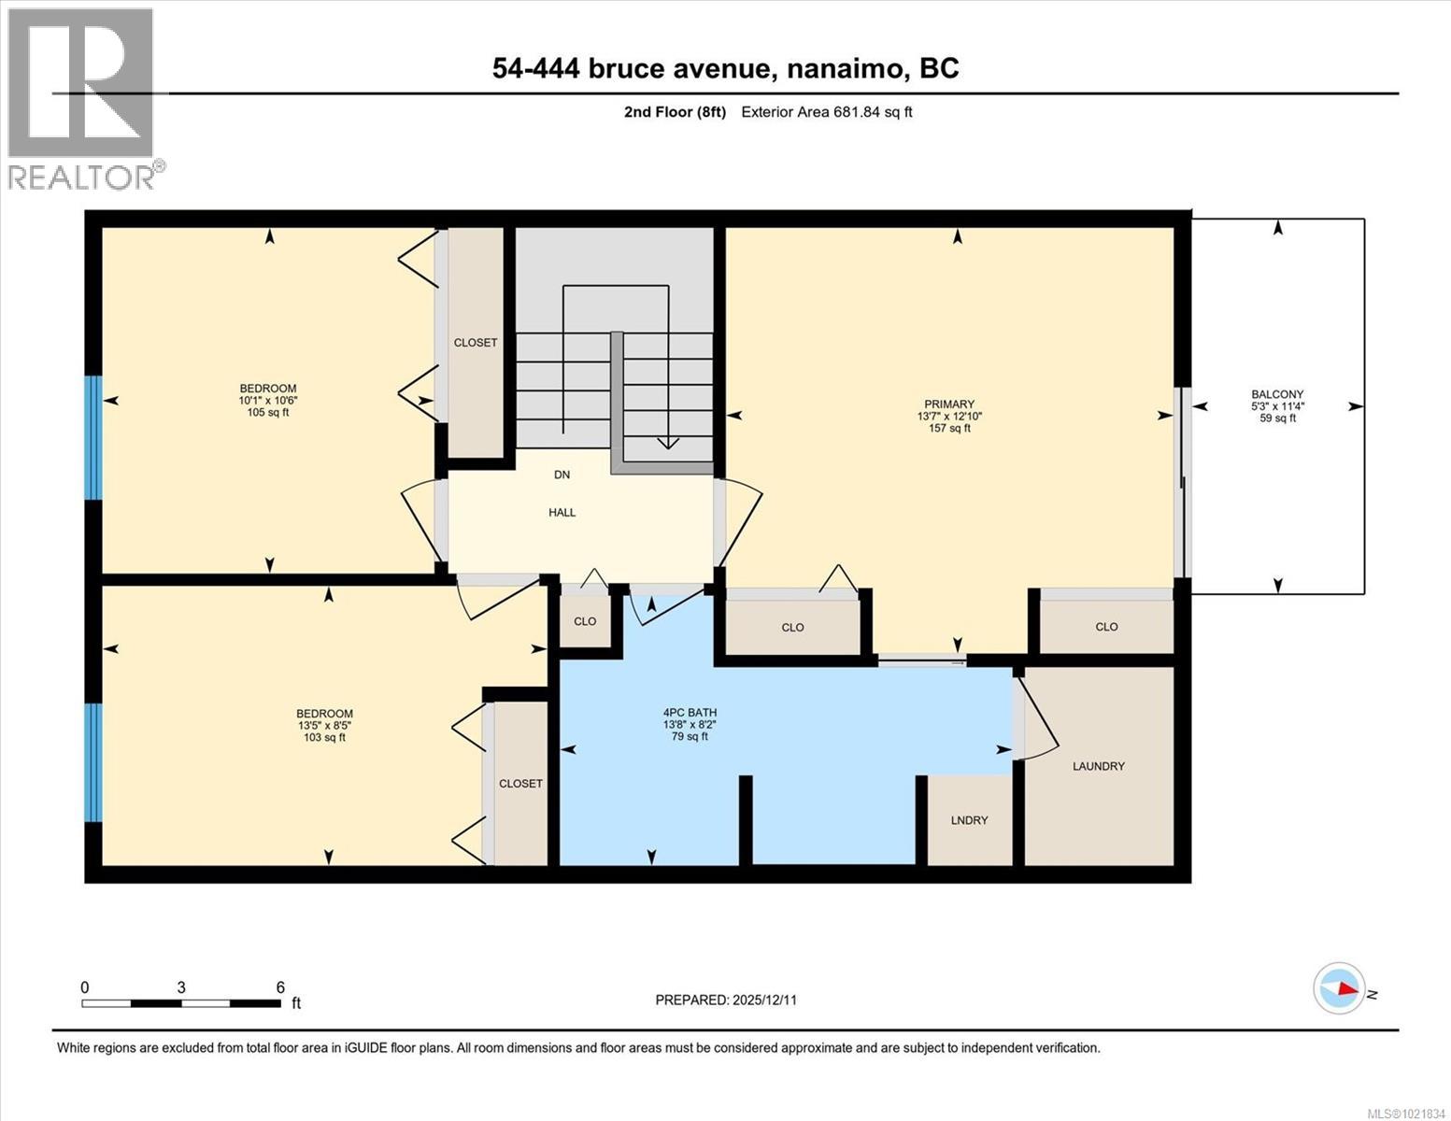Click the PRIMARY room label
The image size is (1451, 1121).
point(949,404)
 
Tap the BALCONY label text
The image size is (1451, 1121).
point(1277,394)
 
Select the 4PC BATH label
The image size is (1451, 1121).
point(690,712)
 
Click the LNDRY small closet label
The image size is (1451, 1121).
point(969,820)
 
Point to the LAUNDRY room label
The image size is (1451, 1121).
point(1098,766)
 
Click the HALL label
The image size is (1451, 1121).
point(562,512)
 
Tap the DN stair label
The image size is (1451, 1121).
point(562,475)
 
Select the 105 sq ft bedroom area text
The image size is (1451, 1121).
point(268,412)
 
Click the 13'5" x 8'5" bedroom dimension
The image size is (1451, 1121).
point(324,725)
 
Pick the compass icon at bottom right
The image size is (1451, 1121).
point(1339,988)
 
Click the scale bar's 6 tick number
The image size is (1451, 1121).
point(280,987)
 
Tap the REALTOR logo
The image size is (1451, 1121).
point(82,98)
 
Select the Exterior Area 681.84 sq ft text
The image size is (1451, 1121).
point(826,112)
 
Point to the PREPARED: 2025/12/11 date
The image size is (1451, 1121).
point(726,1000)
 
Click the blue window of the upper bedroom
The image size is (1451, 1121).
point(92,437)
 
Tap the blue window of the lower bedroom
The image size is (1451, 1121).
point(92,762)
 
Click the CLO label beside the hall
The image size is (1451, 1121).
point(585,621)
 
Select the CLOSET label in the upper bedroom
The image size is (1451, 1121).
point(476,343)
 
